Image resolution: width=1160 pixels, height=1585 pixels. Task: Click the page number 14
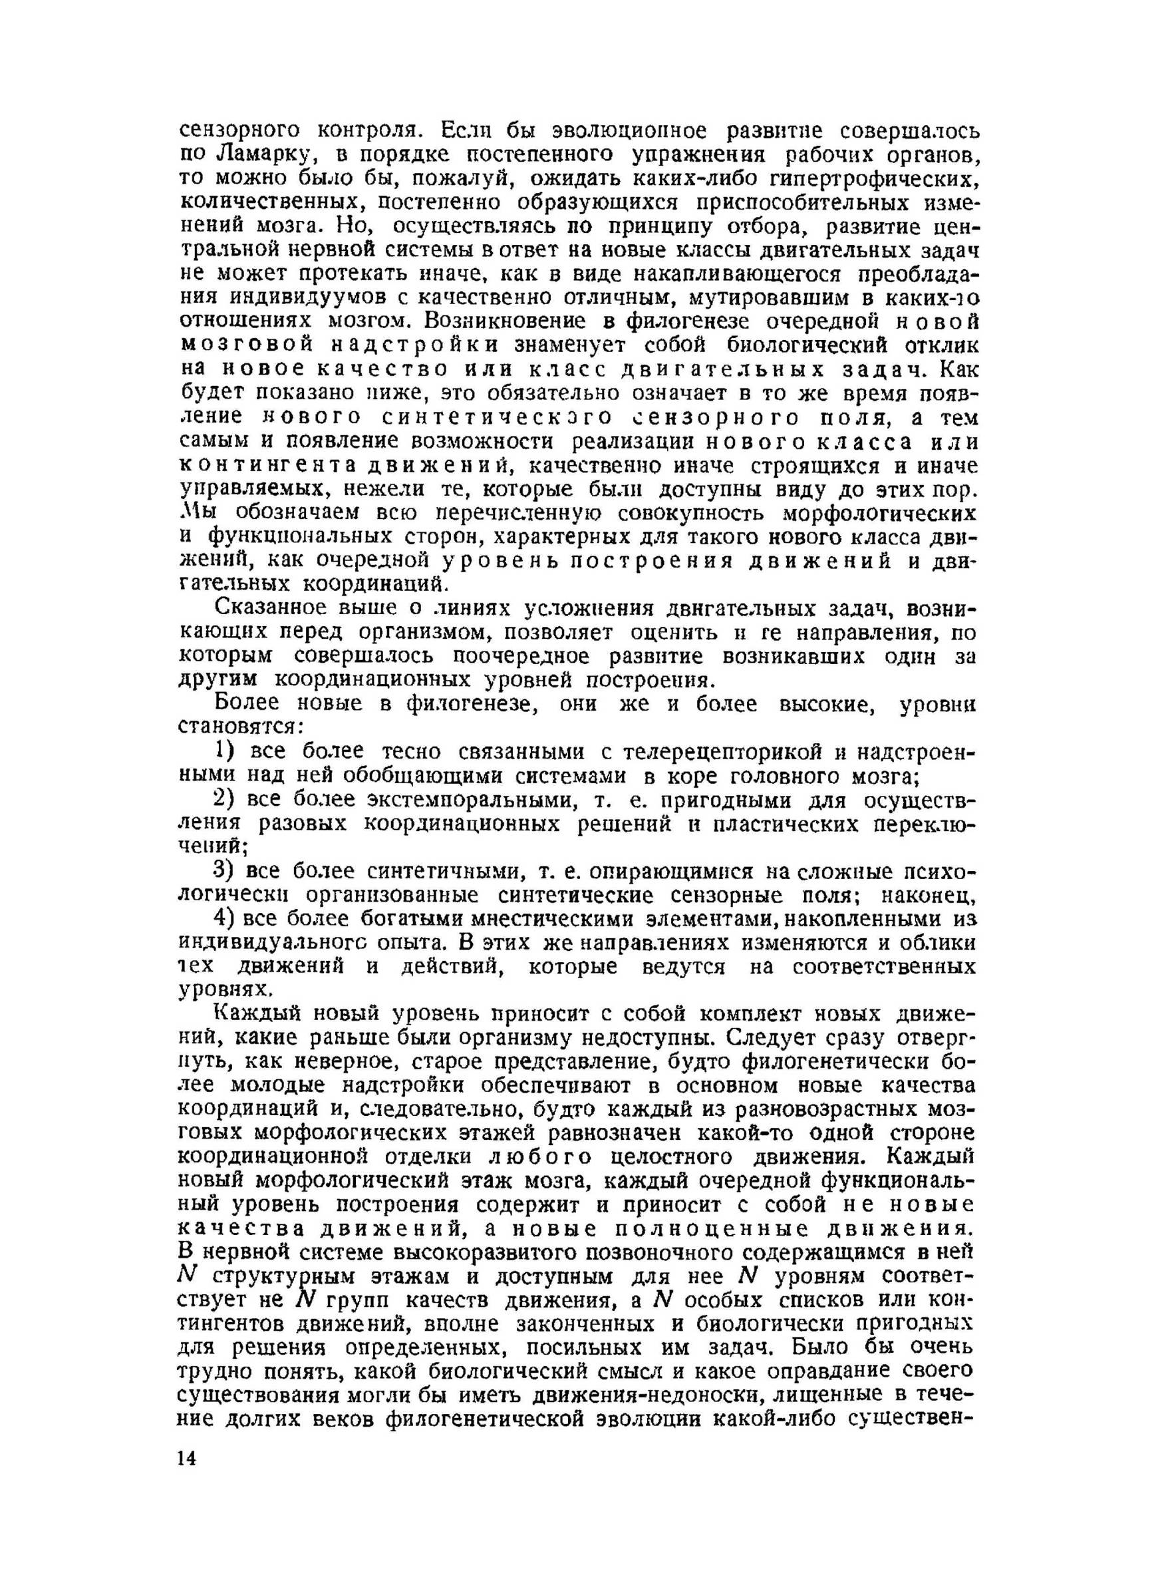pyautogui.click(x=188, y=1457)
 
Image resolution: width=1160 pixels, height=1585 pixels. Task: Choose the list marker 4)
pyautogui.click(x=227, y=919)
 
